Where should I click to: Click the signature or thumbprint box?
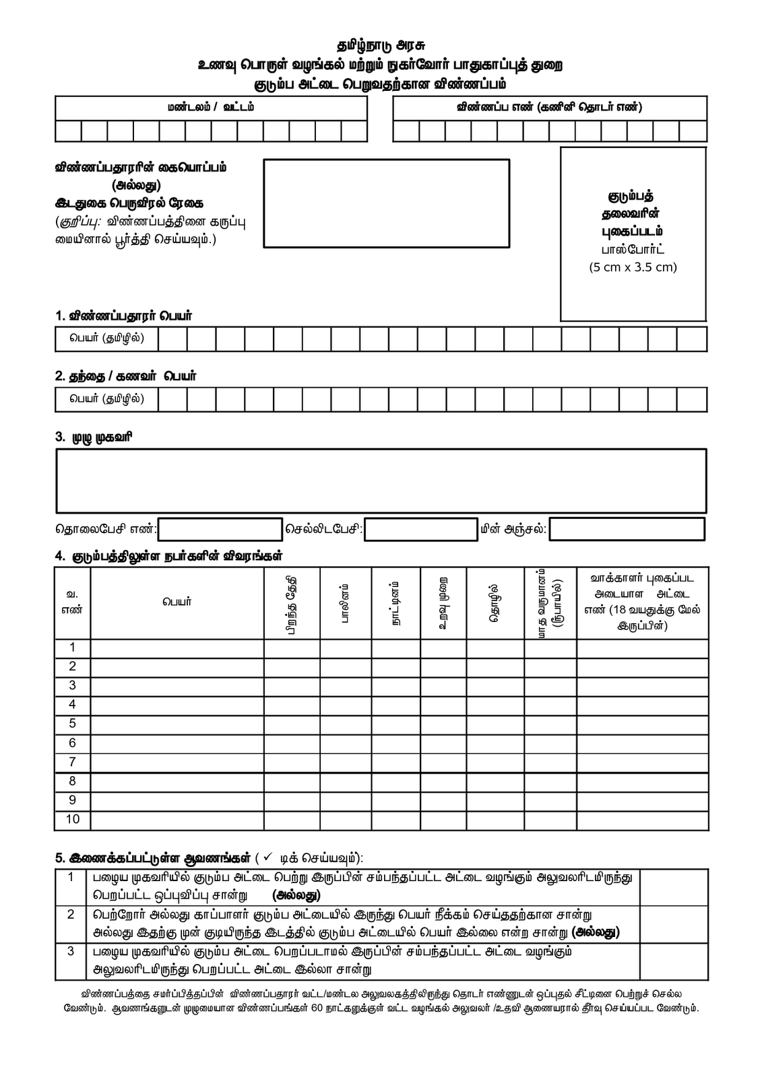(386, 203)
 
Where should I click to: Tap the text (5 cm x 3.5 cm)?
(633, 267)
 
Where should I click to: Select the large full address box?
(381, 481)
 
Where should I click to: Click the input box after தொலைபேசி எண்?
(220, 529)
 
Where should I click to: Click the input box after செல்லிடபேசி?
(420, 529)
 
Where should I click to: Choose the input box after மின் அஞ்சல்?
(627, 529)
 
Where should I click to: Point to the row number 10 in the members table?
(72, 819)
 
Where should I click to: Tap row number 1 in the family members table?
(72, 648)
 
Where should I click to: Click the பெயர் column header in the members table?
(177, 602)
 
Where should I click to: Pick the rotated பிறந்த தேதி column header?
(291, 602)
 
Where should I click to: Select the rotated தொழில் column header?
(494, 602)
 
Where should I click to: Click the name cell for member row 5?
(177, 724)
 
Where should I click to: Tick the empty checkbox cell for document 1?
(673, 887)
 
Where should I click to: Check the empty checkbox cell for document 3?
(673, 961)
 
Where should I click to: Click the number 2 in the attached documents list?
(71, 914)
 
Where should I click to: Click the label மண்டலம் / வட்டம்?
(211, 108)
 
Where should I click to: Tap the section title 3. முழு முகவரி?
(94, 437)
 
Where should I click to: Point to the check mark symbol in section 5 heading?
(267, 857)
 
